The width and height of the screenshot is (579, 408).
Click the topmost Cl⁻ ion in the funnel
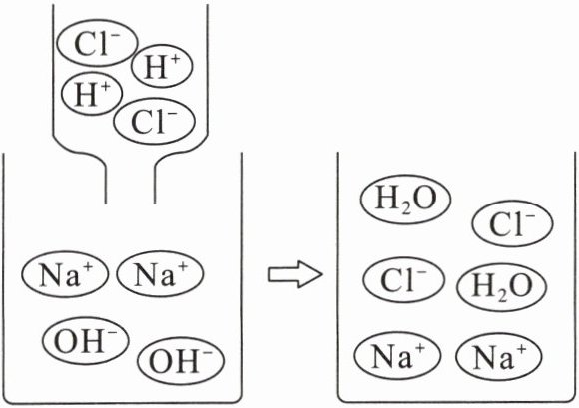97,43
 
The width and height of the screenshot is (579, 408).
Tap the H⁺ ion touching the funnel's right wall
162,66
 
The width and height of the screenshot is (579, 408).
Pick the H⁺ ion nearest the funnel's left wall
92,94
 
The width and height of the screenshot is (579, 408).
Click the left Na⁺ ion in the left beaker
65,274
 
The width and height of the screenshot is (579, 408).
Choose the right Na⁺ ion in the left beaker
160,273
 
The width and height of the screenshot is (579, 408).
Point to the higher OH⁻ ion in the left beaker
85,340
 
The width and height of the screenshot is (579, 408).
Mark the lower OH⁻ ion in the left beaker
181,360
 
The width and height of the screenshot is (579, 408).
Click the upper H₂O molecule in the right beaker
406,200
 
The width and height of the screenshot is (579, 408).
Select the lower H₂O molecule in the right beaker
502,287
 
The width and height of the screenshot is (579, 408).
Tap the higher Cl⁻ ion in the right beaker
512,223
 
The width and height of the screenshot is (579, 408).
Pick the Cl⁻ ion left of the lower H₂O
404,279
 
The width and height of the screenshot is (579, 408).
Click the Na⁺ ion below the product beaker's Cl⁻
397,355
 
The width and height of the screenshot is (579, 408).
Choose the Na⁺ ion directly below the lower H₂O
499,356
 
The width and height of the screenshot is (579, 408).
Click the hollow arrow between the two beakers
295,274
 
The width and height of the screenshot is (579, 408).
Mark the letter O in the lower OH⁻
161,362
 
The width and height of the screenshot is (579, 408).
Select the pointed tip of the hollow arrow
323,274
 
